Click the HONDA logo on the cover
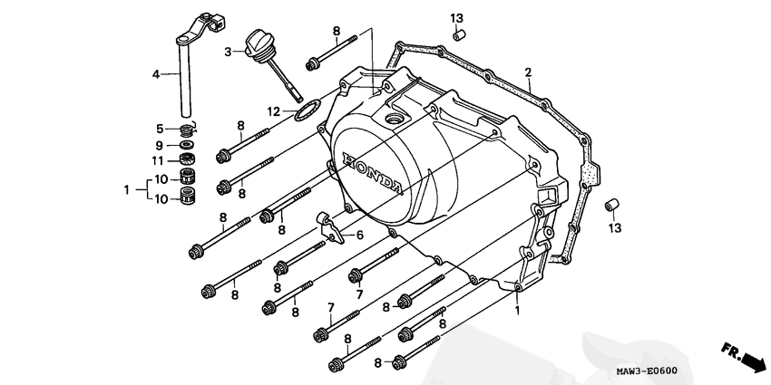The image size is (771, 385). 372,174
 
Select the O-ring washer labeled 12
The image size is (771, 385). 308,110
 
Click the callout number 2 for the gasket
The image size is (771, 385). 528,72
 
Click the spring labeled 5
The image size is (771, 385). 186,130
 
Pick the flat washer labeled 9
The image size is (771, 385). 186,145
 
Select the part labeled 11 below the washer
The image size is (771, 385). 186,159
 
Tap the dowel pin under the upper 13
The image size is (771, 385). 458,36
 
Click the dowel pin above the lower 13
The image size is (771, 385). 611,205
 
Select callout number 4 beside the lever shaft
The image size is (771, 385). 156,74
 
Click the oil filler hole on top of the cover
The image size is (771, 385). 394,119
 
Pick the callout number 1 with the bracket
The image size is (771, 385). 126,189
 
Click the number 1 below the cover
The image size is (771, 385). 517,311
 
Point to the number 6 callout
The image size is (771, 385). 359,236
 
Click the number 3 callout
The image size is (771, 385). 228,52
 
